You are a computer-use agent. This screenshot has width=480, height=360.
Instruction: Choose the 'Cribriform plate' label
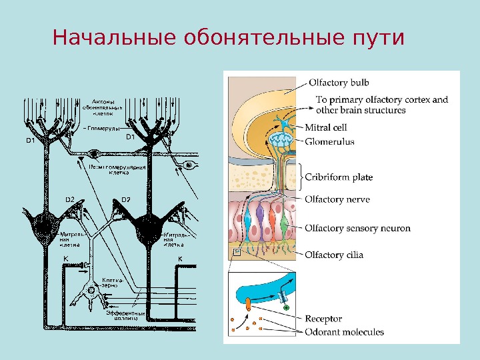(x=339, y=177)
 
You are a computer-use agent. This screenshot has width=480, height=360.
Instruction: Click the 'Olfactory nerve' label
(x=337, y=199)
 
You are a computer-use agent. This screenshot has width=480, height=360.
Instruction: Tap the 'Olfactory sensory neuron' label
(x=357, y=228)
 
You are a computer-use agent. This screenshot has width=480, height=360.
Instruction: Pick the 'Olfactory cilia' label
(x=334, y=255)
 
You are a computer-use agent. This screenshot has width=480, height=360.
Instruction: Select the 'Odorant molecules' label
(x=344, y=331)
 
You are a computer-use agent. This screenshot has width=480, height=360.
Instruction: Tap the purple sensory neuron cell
(x=261, y=220)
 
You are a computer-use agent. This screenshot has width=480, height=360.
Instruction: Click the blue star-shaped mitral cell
(x=282, y=125)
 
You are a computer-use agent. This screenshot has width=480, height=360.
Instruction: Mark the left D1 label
(x=30, y=140)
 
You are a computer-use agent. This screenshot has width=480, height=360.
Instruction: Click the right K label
(x=179, y=258)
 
